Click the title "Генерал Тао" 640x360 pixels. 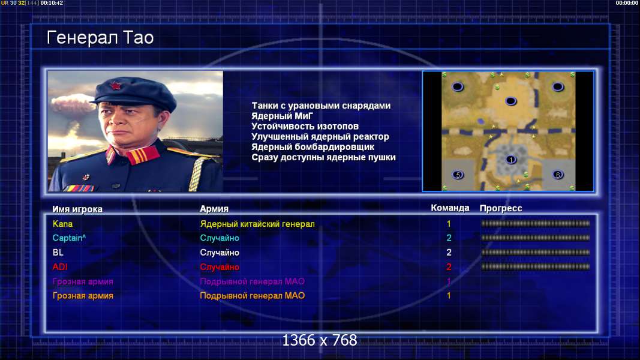(100, 38)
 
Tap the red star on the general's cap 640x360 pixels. (116, 86)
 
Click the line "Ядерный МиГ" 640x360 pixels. (282, 116)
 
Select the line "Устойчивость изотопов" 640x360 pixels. (305, 127)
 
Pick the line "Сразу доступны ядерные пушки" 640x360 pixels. (323, 158)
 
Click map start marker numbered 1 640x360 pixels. (510, 160)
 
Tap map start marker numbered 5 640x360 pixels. (458, 175)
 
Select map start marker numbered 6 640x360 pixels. (558, 175)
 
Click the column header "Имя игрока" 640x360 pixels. (77, 209)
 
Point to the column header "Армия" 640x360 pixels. (214, 209)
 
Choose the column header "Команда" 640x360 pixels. (450, 208)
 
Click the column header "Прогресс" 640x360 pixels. (501, 208)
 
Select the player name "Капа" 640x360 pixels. (62, 224)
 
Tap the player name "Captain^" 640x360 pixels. (69, 238)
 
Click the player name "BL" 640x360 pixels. (58, 253)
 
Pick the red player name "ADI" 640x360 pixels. (60, 267)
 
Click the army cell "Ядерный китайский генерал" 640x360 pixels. (257, 224)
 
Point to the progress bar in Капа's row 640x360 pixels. (536, 224)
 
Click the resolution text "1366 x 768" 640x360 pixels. (320, 340)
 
